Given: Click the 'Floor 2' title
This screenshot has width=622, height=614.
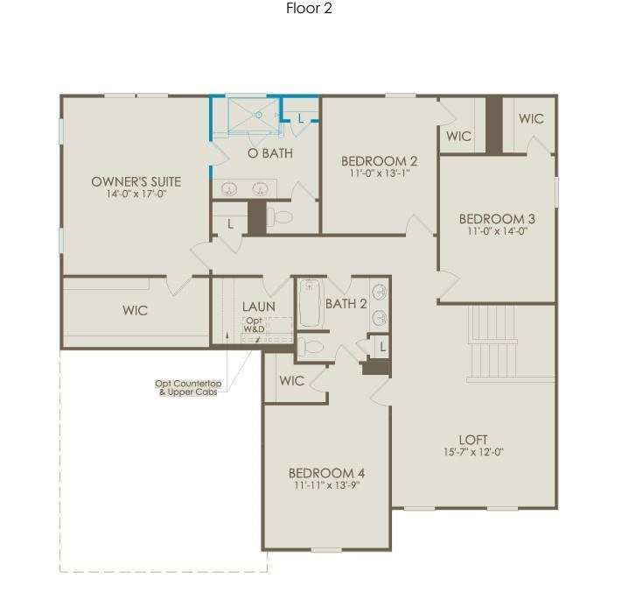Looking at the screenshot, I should (309, 9).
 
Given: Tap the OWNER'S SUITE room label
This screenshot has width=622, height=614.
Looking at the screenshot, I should (136, 181).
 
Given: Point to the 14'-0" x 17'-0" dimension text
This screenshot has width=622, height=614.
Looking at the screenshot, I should (136, 194).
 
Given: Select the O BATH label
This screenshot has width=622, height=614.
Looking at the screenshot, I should (269, 153).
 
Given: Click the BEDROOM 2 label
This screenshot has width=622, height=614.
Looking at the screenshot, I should (379, 160).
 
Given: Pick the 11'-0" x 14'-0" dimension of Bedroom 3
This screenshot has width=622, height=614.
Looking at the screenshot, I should (498, 231).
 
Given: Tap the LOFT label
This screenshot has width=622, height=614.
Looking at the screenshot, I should (473, 440).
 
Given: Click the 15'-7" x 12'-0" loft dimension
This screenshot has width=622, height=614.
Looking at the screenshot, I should (473, 452).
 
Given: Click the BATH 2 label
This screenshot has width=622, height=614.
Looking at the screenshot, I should (346, 304).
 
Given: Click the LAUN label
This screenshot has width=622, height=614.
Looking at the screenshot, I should (258, 307).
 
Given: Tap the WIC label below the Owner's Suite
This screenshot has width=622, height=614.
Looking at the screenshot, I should (135, 310).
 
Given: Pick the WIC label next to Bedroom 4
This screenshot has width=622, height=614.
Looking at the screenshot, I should (291, 381).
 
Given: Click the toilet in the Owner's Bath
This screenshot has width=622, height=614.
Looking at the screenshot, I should (280, 216).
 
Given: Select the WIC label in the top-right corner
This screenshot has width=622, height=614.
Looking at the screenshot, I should (530, 119).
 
